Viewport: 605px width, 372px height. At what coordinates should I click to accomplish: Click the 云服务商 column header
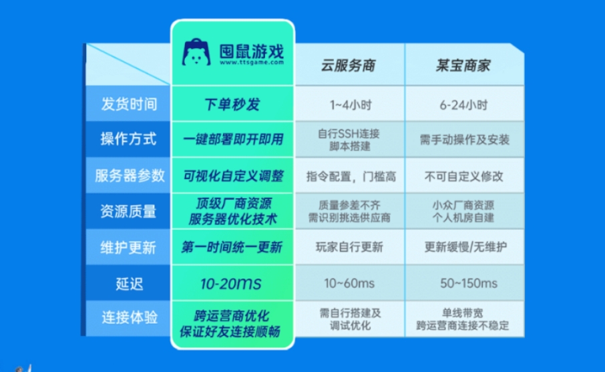(349, 65)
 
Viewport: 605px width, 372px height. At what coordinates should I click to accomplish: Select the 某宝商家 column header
(463, 65)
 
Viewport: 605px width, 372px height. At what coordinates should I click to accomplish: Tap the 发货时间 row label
(128, 104)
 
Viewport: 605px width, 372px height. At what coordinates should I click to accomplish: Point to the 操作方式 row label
(128, 139)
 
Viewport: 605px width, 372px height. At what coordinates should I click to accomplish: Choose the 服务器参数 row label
(128, 176)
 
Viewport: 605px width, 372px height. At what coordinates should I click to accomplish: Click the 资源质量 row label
(128, 212)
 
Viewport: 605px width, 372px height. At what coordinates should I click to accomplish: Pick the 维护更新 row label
(128, 247)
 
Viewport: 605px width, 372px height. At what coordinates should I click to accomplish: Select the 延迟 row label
(128, 283)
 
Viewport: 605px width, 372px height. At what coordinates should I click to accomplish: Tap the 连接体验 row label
(128, 318)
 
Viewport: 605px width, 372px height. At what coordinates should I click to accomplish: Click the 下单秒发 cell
(231, 105)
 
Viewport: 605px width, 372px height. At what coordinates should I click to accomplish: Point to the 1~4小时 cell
(349, 105)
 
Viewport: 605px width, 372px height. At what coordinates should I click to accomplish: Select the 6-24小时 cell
(464, 105)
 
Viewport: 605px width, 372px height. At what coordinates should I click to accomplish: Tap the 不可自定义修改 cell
(464, 176)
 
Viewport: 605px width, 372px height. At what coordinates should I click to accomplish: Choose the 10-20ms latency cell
(230, 283)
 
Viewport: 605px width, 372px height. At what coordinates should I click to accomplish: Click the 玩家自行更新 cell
(349, 247)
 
